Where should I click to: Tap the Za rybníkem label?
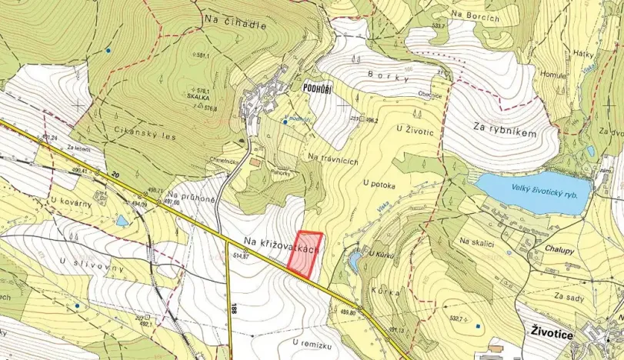504,133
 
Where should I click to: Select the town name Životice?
556,330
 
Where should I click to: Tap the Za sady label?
569,295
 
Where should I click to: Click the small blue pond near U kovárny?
122,222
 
